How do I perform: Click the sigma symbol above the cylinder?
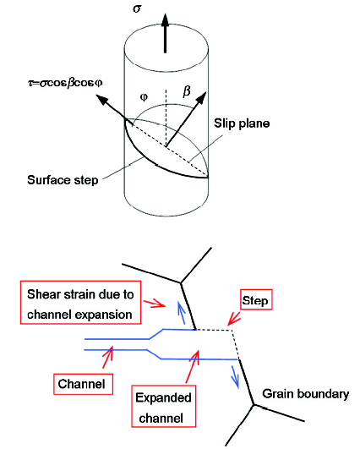click(x=137, y=8)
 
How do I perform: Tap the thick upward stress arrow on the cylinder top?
click(x=165, y=33)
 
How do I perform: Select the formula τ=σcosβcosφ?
click(x=65, y=83)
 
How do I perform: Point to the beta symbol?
click(x=186, y=91)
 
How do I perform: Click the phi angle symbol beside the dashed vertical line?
click(x=144, y=97)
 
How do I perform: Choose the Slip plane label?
click(x=242, y=123)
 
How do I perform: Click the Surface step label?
click(x=63, y=180)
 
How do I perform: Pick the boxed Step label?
click(x=256, y=299)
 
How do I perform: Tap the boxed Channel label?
click(x=83, y=384)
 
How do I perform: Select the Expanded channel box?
click(x=164, y=407)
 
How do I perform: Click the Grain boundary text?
click(x=306, y=394)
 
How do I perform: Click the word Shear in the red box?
click(x=43, y=294)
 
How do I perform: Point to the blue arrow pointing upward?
click(x=181, y=313)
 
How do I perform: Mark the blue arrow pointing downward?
click(x=235, y=377)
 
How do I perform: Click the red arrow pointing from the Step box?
click(x=234, y=319)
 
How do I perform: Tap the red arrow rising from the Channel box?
click(x=108, y=357)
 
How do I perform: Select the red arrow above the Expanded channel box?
click(x=193, y=366)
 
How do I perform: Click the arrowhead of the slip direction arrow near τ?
click(x=101, y=101)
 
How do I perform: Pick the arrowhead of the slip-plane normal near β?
click(x=201, y=98)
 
